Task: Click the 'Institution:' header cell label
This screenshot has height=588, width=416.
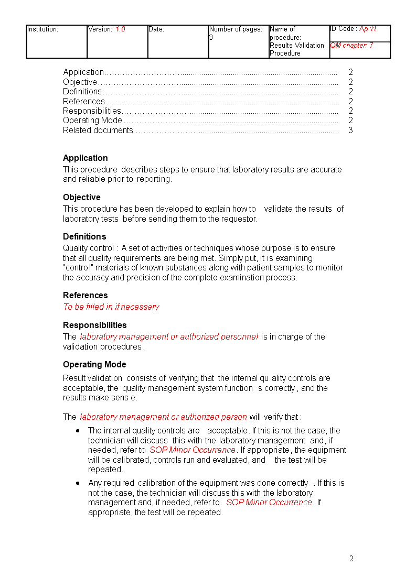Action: (x=42, y=29)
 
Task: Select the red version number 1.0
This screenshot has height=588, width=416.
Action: (x=120, y=29)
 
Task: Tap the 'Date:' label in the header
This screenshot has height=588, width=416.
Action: (x=156, y=29)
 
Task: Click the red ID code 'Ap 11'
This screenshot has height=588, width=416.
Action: (x=368, y=29)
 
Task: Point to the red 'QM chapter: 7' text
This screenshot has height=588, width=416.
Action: (x=351, y=46)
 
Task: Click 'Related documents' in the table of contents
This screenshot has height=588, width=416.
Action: (x=98, y=130)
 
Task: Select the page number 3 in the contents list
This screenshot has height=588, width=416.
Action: (x=350, y=130)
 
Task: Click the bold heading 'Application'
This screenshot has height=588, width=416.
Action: (x=86, y=158)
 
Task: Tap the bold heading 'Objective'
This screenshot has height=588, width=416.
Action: (x=82, y=198)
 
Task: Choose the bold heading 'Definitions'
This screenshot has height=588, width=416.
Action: (x=84, y=237)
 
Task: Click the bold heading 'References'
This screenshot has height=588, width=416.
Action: (x=86, y=296)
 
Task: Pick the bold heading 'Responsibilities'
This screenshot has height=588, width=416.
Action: (x=95, y=325)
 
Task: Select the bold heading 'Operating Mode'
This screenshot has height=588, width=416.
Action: (x=94, y=365)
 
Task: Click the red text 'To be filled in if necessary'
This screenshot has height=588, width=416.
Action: (x=111, y=307)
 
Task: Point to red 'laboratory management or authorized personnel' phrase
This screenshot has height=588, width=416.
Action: (x=169, y=337)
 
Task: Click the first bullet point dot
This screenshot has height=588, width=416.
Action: (x=78, y=431)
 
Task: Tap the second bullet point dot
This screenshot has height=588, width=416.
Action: (x=78, y=483)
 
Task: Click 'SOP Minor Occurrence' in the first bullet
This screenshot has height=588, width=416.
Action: (x=193, y=450)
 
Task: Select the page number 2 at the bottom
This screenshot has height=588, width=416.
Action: (x=351, y=559)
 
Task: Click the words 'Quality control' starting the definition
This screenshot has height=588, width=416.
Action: (x=88, y=248)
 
